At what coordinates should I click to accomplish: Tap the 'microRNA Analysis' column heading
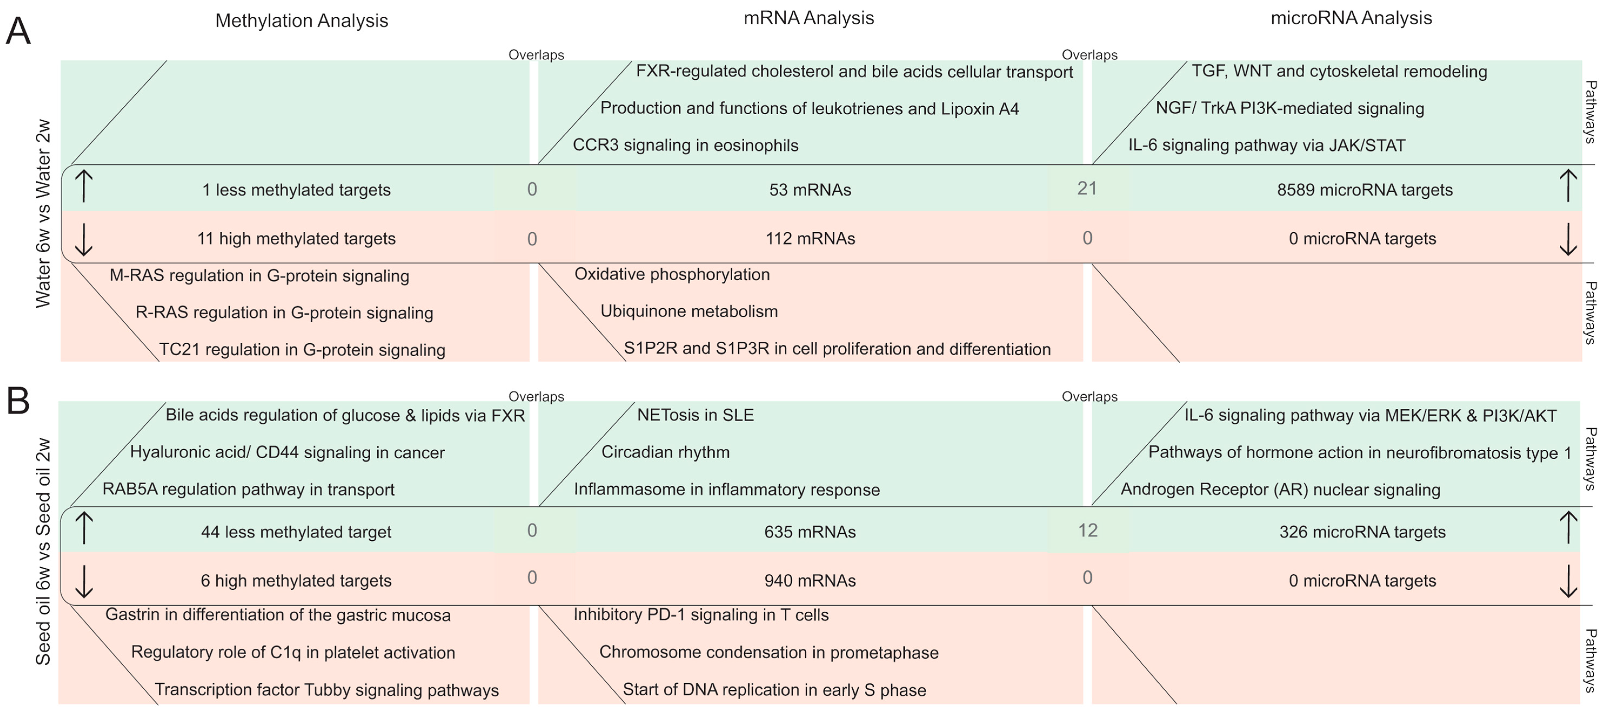point(1351,18)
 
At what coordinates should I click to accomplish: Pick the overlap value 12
point(1088,530)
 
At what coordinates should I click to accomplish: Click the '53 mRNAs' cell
point(810,190)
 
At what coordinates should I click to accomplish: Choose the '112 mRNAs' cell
point(810,238)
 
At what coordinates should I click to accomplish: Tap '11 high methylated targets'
point(296,238)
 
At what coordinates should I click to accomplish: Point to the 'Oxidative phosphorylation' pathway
point(672,275)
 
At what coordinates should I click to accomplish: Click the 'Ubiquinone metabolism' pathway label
point(689,311)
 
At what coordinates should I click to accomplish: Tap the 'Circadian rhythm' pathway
point(665,452)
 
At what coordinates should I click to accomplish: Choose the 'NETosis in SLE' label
point(696,415)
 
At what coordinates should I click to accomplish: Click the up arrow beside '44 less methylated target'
point(84,528)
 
